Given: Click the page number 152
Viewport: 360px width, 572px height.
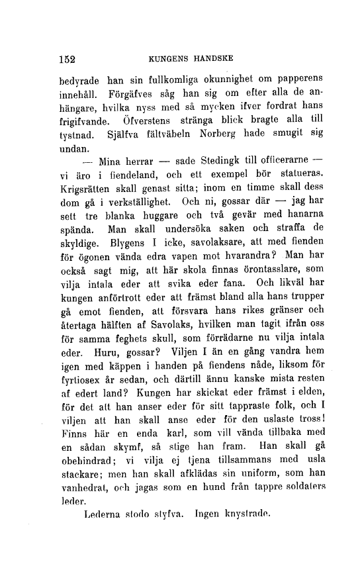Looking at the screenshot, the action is click(x=66, y=58).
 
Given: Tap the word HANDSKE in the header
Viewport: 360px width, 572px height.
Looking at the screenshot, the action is click(x=210, y=58).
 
